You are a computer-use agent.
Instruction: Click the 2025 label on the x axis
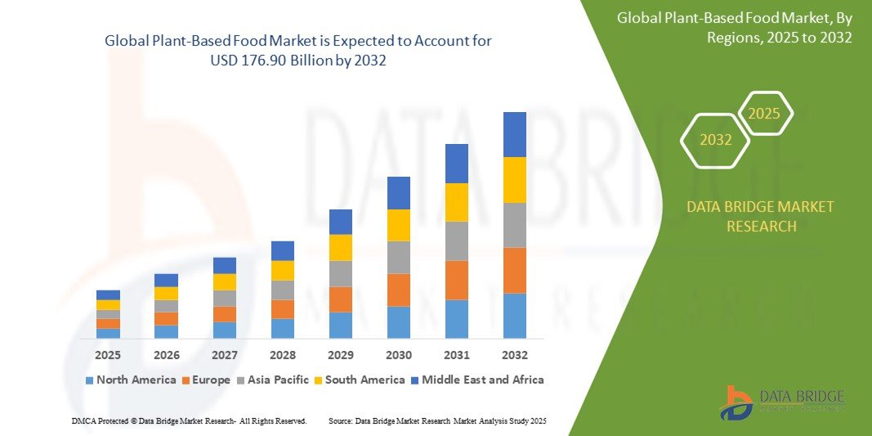click(108, 355)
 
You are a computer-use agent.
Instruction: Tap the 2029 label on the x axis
click(341, 355)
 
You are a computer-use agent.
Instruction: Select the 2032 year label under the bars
click(515, 355)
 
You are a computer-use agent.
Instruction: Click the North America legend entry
click(130, 380)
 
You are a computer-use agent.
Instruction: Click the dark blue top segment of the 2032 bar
click(515, 134)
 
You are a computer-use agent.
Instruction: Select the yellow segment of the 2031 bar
click(457, 202)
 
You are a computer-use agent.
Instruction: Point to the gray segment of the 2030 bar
click(399, 257)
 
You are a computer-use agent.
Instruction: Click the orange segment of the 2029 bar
click(341, 299)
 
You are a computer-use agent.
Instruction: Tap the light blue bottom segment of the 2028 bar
click(283, 328)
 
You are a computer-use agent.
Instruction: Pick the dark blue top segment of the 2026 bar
click(166, 280)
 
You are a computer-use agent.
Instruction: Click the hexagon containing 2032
click(715, 140)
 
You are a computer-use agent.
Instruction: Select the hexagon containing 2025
click(764, 114)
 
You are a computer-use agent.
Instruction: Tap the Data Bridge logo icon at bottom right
click(736, 402)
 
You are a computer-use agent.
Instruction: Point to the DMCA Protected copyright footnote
click(189, 420)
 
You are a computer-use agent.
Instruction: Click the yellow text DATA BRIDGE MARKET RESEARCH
click(761, 217)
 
